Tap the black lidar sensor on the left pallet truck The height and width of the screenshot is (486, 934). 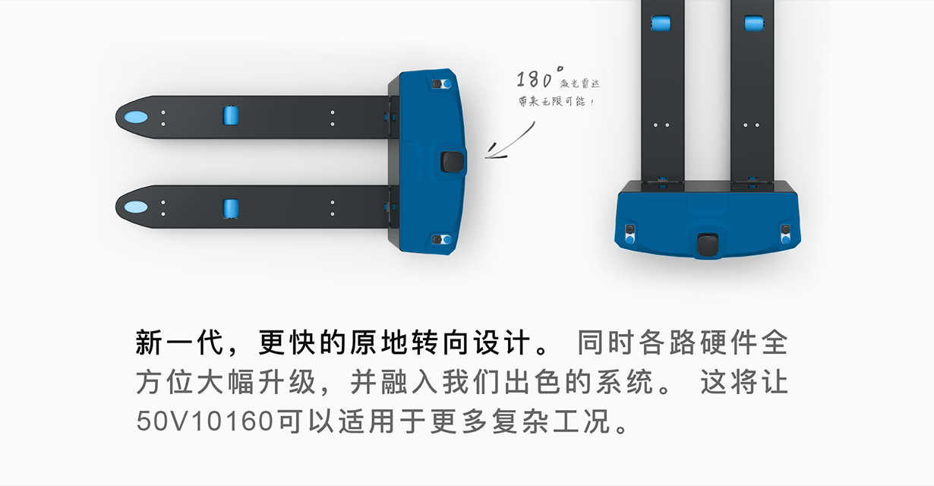tap(452, 162)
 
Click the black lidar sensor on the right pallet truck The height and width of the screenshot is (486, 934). tap(708, 245)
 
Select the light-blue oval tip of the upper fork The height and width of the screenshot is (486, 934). tap(136, 117)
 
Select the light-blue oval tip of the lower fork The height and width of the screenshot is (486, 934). tap(136, 207)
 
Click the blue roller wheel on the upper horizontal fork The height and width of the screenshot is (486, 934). tap(231, 115)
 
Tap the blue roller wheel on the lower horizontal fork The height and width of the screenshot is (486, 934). tap(231, 208)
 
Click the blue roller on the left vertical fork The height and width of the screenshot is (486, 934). tap(661, 23)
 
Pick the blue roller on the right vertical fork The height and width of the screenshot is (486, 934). tap(754, 23)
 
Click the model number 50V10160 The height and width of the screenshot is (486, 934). tap(205, 421)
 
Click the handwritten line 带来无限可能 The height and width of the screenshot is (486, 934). tap(557, 101)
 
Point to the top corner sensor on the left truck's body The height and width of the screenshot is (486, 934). tap(442, 84)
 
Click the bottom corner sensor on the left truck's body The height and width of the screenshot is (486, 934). tap(442, 240)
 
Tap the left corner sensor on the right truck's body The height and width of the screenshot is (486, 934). tap(630, 234)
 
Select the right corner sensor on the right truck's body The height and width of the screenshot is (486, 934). tap(786, 234)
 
